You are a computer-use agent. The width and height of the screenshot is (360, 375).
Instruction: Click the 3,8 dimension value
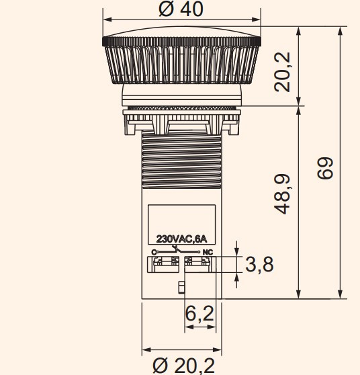(x=259, y=265)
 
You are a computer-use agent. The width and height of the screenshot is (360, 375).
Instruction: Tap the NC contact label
(x=208, y=252)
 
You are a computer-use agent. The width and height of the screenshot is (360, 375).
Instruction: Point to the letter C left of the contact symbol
(x=154, y=252)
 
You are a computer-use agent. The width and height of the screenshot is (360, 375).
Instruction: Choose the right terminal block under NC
(x=199, y=263)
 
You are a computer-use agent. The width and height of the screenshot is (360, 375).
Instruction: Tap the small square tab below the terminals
(x=181, y=288)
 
